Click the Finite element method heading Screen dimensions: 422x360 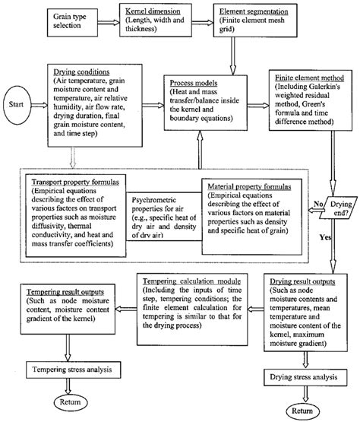click(311, 80)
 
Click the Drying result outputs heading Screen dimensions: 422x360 click(305, 281)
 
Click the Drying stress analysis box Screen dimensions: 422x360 click(305, 376)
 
